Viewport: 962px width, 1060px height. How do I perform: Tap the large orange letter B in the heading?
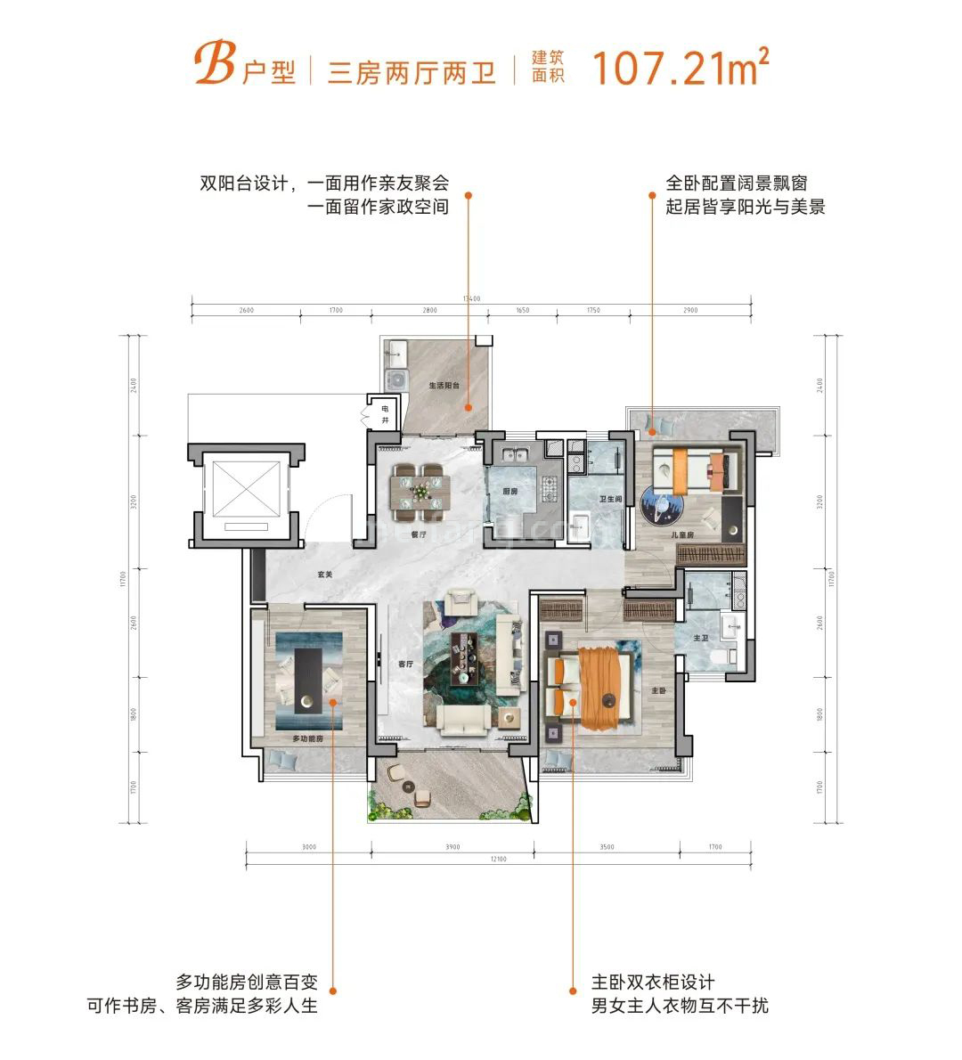click(x=212, y=66)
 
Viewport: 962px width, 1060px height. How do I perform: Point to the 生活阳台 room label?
click(x=444, y=387)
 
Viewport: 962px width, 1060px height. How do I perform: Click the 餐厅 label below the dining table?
click(x=420, y=535)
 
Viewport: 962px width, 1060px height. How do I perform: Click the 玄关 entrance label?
click(x=324, y=575)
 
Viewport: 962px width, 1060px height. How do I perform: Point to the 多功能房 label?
click(x=306, y=739)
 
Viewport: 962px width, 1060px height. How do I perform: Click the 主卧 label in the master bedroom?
click(x=657, y=690)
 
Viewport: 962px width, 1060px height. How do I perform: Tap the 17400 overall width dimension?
click(x=472, y=298)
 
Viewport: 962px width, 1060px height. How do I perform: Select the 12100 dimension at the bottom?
click(x=497, y=859)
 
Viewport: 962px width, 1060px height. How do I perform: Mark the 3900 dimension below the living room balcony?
click(x=452, y=848)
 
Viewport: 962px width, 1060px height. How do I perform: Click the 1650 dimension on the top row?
click(x=522, y=311)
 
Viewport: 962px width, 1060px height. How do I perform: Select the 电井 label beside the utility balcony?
click(x=385, y=413)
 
